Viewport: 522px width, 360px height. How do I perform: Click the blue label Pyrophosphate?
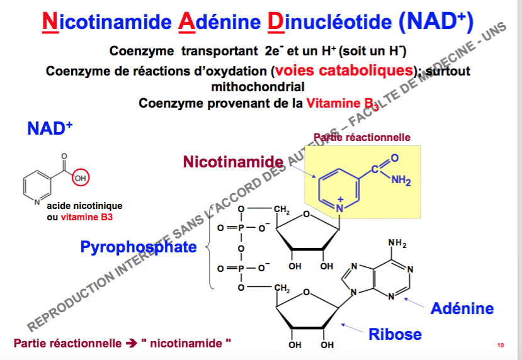click(139, 247)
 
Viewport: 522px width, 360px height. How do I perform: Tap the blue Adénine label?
click(462, 308)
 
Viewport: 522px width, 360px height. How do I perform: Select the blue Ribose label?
click(395, 333)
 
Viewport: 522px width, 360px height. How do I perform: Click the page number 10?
click(501, 345)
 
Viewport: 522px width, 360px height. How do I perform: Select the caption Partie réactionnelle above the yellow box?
click(362, 137)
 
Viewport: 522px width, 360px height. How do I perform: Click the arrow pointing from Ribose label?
click(353, 326)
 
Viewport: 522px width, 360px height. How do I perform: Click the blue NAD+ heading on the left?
click(50, 128)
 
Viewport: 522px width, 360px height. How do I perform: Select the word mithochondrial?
click(258, 87)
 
